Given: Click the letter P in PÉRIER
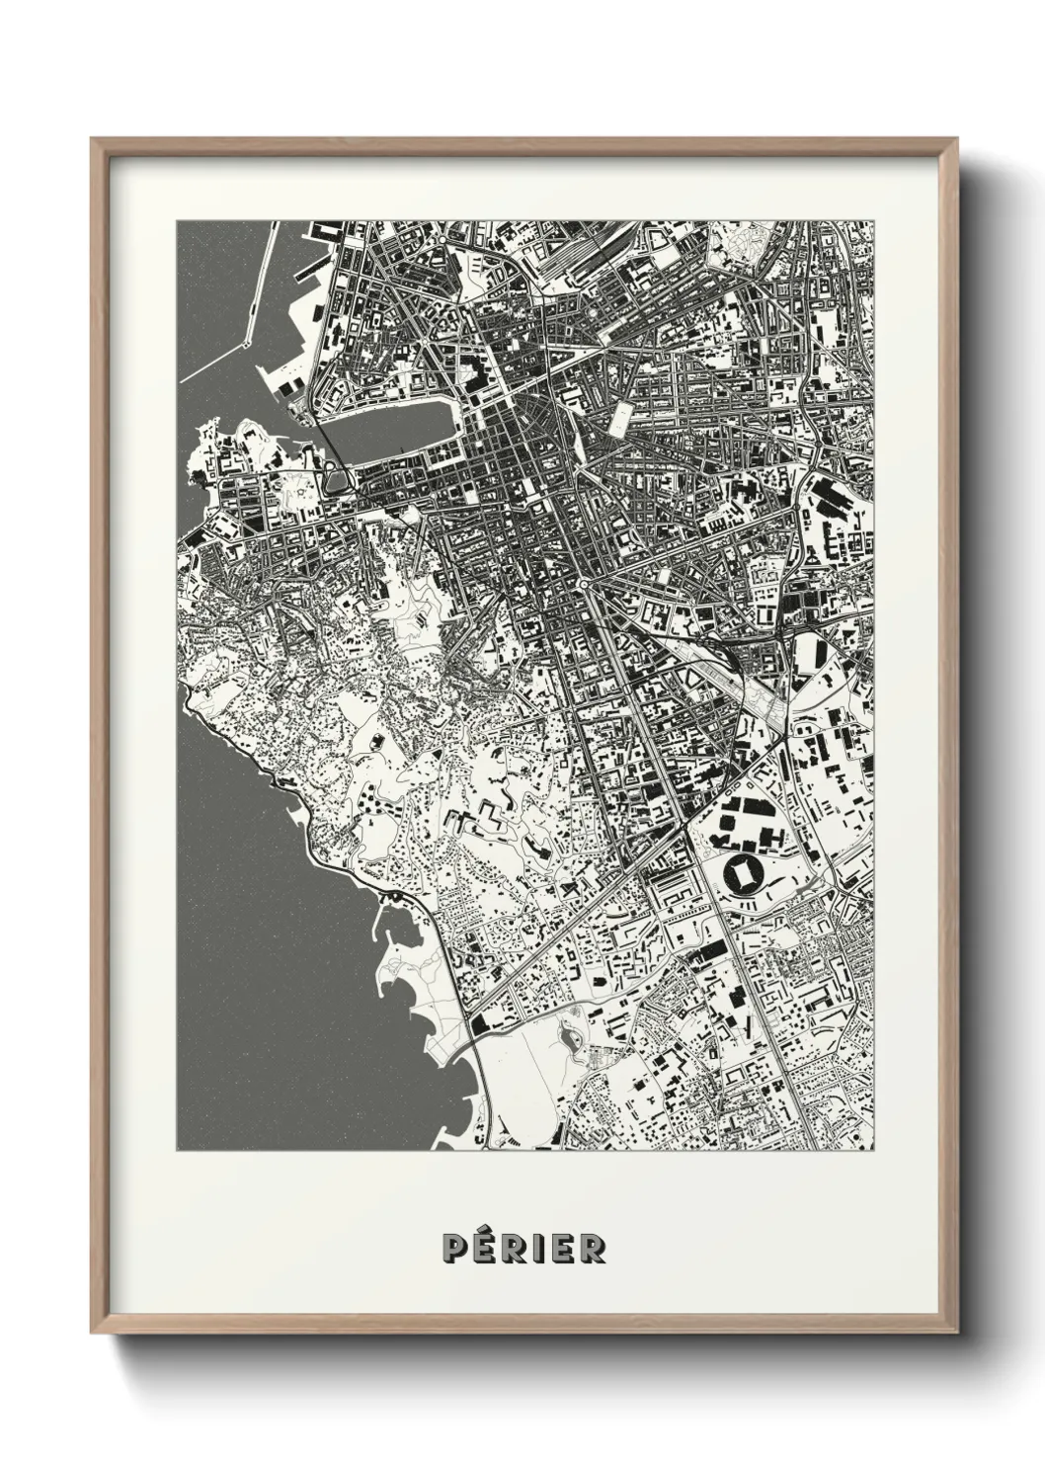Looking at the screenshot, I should click(x=455, y=1248).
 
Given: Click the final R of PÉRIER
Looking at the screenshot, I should click(x=593, y=1248).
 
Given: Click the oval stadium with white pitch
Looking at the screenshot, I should click(x=741, y=873).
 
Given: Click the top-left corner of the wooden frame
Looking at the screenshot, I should click(x=93, y=139).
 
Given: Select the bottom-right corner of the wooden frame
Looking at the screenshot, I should click(x=955, y=1326).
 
